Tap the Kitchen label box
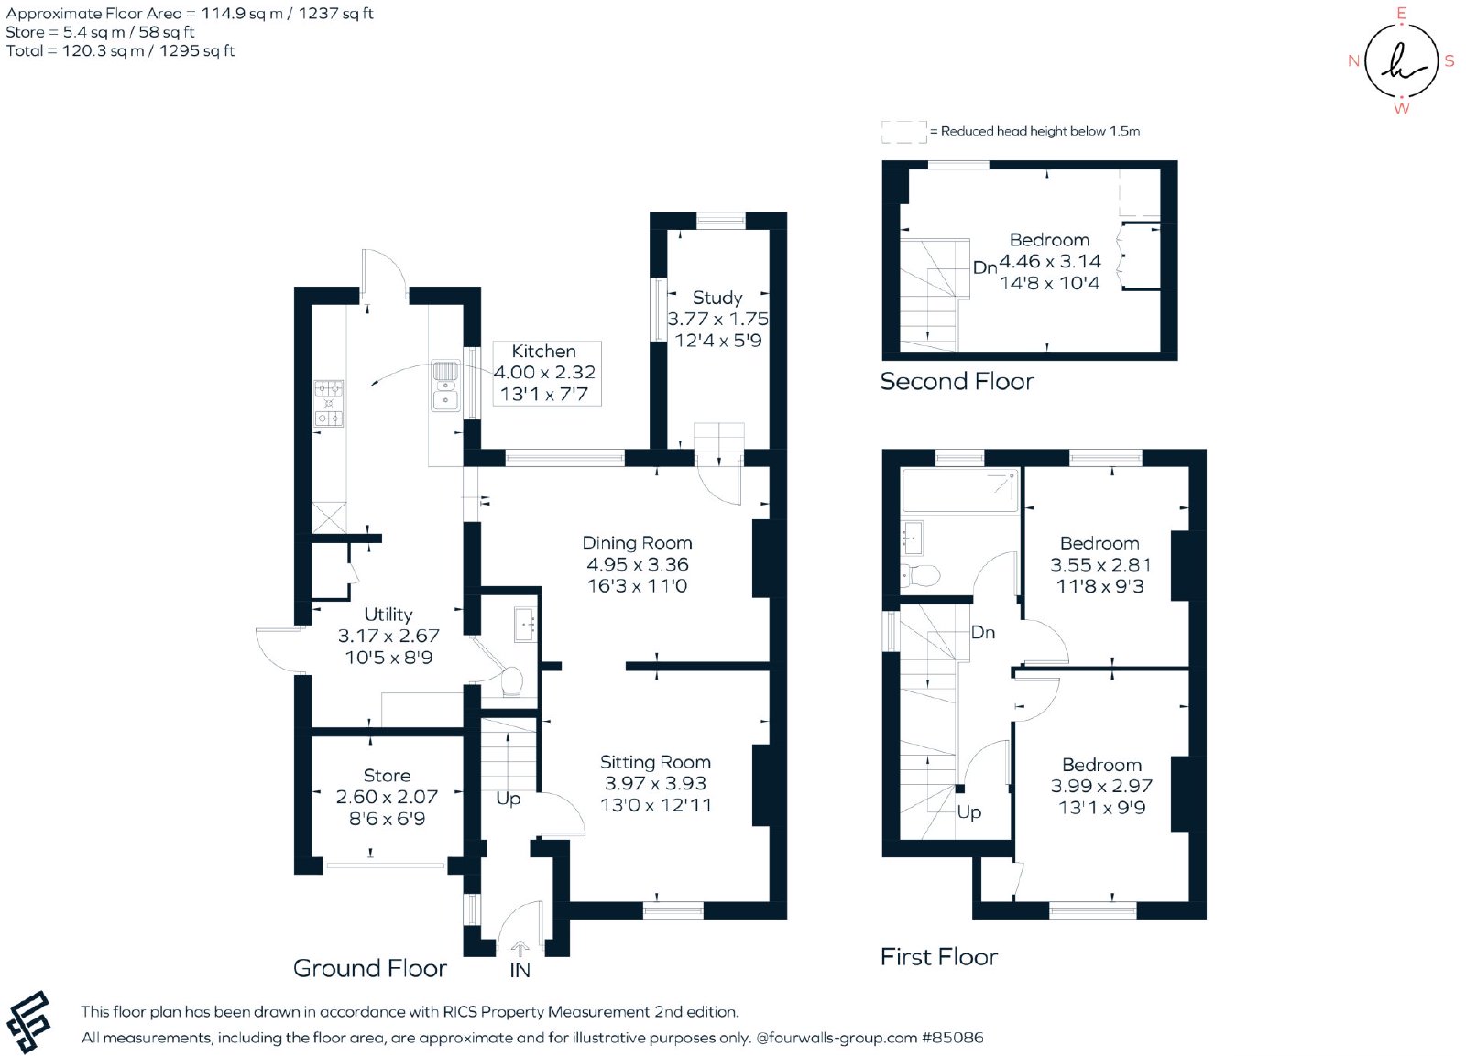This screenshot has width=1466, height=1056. point(546,373)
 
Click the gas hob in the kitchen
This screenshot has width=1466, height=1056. point(329,404)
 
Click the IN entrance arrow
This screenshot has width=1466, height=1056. point(520,949)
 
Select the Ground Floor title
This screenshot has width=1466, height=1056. point(370,968)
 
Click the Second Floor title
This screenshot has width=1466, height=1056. point(957,381)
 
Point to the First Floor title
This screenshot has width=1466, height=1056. point(939,956)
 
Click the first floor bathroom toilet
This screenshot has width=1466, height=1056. point(921,576)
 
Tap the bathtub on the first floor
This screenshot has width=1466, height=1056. point(959,490)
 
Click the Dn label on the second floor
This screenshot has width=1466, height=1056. point(985,267)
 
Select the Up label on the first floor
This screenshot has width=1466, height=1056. point(969,812)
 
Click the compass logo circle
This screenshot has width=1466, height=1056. point(1401,60)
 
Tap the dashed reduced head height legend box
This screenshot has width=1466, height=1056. point(903,132)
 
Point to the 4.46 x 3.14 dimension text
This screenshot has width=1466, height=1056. point(1050,261)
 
